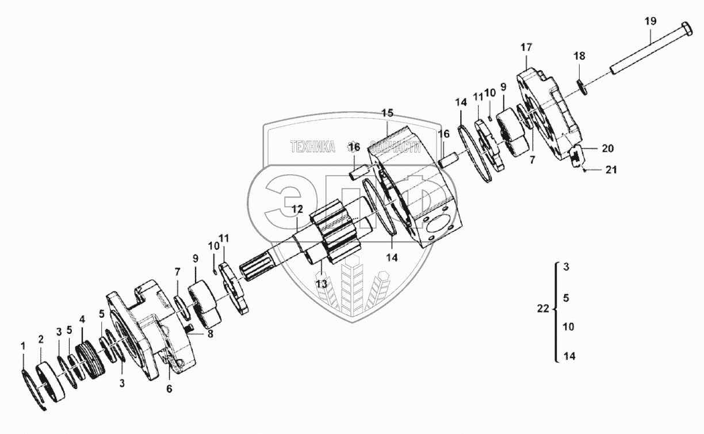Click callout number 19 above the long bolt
click(x=650, y=22)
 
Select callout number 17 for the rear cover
click(x=527, y=47)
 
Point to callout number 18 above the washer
click(x=579, y=56)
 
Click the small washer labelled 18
click(x=581, y=87)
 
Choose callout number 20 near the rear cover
click(x=608, y=149)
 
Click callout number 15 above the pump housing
click(x=387, y=112)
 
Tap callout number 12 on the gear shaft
click(x=296, y=209)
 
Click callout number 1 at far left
click(x=23, y=346)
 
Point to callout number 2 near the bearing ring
click(x=41, y=340)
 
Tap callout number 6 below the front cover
click(x=169, y=389)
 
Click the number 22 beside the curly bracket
click(x=543, y=309)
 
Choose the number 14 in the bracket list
click(x=569, y=356)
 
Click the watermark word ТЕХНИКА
click(x=313, y=147)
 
